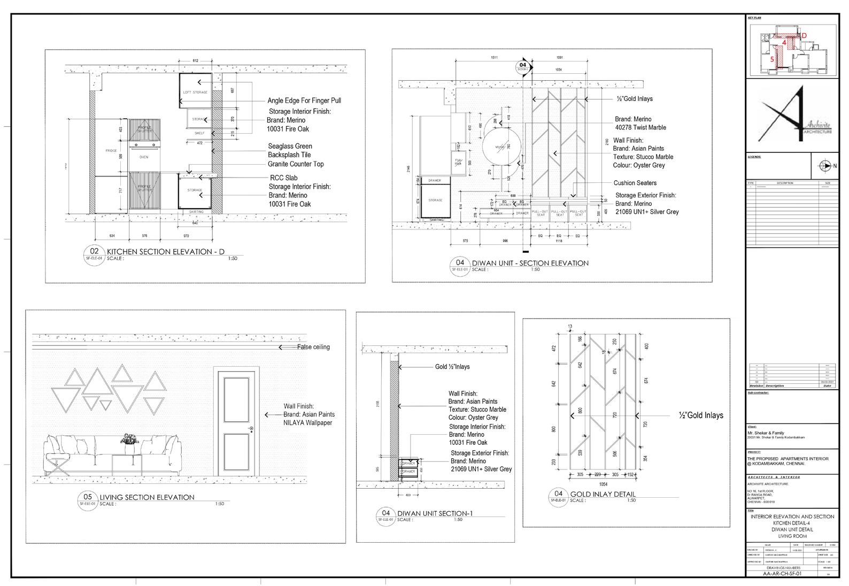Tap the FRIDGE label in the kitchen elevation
point(111,151)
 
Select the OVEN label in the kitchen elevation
point(144,157)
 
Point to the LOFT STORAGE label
point(195,92)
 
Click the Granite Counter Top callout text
point(296,164)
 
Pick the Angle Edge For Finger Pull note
point(304,101)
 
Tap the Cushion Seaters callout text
point(635,183)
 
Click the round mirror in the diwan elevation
point(501,146)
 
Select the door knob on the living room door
point(250,429)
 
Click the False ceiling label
point(313,347)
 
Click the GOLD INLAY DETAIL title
point(603,494)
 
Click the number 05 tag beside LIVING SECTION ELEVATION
point(88,496)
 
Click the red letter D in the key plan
point(804,35)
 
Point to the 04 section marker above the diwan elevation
point(522,66)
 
